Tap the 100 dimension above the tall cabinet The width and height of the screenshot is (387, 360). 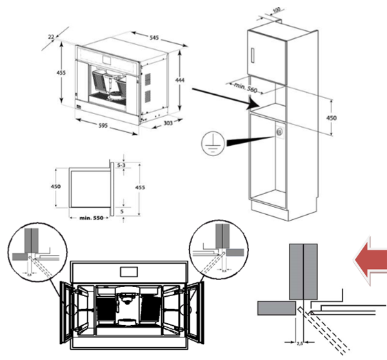pyautogui.click(x=278, y=10)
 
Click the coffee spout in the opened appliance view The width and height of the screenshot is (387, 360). pyautogui.click(x=126, y=303)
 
